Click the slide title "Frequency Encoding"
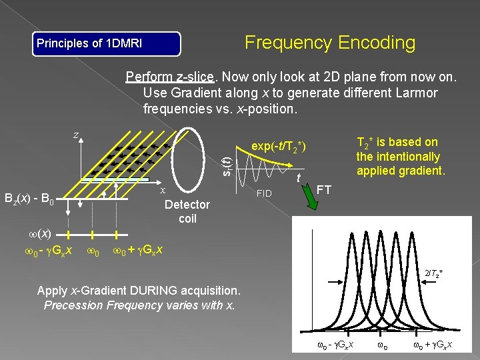point(330,43)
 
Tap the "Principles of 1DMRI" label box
point(107,44)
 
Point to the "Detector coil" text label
point(187,211)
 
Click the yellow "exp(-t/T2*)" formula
point(279,146)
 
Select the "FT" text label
point(325,189)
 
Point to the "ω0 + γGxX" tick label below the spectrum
point(433,345)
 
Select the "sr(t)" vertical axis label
point(227,160)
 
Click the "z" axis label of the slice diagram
point(76,135)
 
